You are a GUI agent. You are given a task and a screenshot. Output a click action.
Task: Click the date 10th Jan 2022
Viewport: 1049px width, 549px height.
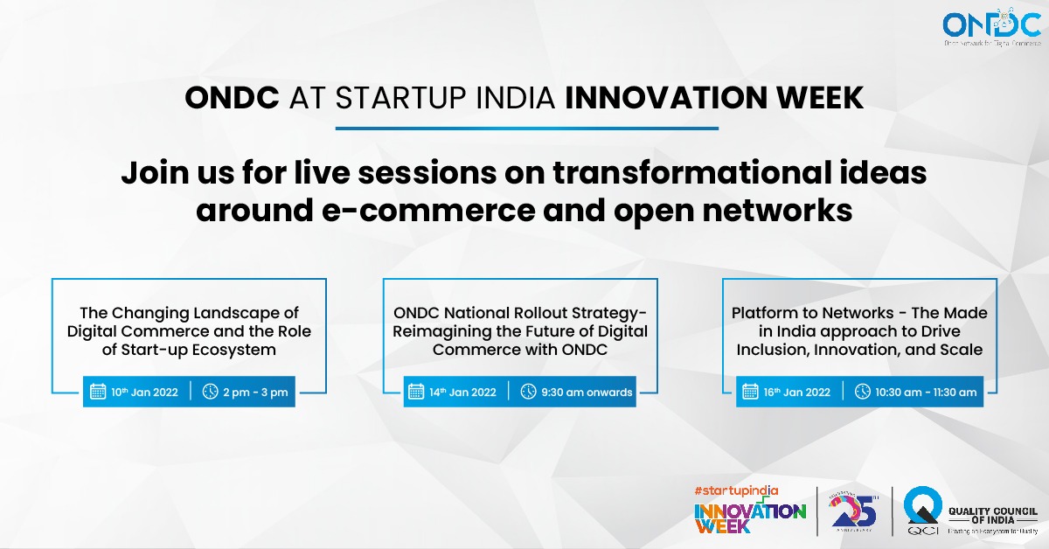[x=144, y=392]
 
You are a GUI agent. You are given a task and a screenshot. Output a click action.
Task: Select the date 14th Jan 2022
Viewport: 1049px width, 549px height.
[x=463, y=392]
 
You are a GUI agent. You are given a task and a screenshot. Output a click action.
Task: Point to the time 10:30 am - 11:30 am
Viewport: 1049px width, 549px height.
[x=926, y=392]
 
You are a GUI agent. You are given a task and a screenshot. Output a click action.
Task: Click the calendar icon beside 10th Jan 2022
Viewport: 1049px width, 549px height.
[x=97, y=392]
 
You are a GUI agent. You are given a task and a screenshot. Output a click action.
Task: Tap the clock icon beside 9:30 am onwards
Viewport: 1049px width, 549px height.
[x=528, y=392]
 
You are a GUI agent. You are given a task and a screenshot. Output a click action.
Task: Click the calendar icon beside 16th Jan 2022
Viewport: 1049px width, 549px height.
[x=750, y=392]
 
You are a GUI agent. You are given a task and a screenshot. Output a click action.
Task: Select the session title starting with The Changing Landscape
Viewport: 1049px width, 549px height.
[x=189, y=331]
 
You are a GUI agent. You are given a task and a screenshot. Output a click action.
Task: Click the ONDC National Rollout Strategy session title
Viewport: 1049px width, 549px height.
[x=520, y=331]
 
